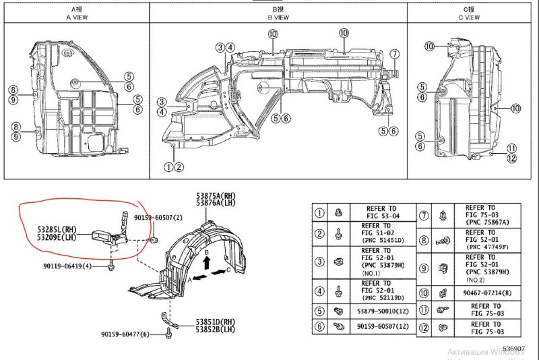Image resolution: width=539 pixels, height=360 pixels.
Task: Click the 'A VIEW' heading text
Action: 77,18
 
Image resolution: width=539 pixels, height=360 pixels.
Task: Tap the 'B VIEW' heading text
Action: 280,18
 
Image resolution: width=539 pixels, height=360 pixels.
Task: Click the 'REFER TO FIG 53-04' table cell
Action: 382,213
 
